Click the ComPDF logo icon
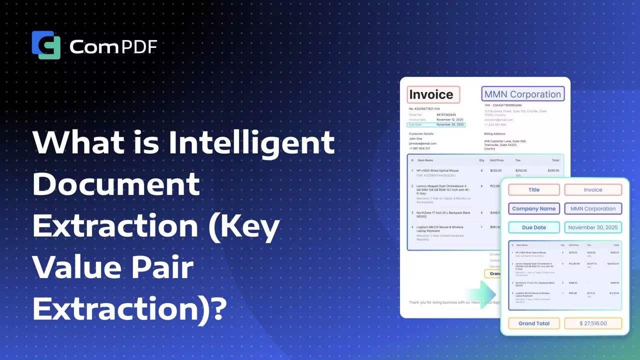point(46,45)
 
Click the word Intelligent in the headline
point(251,142)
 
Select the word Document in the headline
point(116,184)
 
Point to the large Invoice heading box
point(432,94)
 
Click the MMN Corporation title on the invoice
point(522,94)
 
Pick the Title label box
point(534,190)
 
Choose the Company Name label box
point(534,208)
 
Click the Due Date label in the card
point(534,227)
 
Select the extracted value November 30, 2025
point(593,227)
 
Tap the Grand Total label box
point(534,323)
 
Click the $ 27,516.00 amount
point(593,323)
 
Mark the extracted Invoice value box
point(593,190)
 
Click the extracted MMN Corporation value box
point(593,208)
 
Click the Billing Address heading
point(494,134)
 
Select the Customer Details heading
point(421,134)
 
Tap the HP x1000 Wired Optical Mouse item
point(437,170)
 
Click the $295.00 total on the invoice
point(553,170)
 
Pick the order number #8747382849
point(446,115)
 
